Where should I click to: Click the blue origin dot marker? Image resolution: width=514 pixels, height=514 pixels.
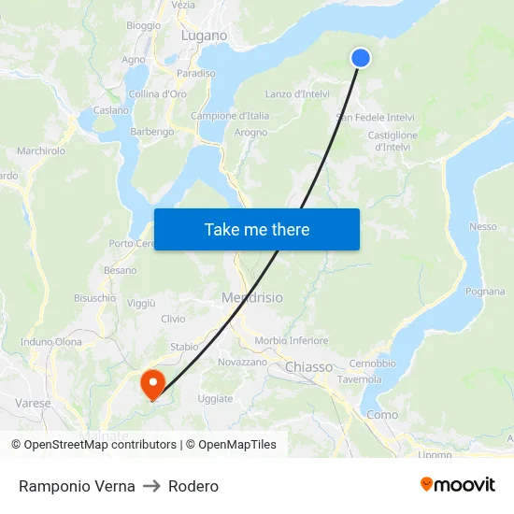[x=360, y=58]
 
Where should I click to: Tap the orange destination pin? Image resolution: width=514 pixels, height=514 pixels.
[x=151, y=384]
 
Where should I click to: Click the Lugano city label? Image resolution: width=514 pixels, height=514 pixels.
[x=204, y=36]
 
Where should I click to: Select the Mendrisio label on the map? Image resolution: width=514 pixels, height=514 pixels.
[x=251, y=298]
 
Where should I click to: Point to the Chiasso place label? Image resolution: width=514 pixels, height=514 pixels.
[x=308, y=367]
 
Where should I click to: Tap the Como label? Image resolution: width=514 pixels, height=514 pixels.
[x=381, y=414]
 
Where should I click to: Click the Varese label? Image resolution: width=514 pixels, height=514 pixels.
[x=33, y=403]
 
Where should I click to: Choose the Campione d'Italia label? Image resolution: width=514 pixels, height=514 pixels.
[x=230, y=116]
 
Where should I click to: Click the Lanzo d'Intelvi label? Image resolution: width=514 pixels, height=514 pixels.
[x=297, y=93]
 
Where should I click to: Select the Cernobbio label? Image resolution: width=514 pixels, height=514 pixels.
[x=372, y=364]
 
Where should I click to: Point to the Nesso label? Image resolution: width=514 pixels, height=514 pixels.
[x=483, y=226]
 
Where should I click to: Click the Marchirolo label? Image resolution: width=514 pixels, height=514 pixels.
[x=41, y=150]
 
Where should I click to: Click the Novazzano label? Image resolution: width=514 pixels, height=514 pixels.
[x=242, y=362]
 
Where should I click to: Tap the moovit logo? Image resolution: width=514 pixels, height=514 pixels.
[x=457, y=485]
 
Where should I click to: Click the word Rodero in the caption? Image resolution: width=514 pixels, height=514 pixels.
[x=193, y=486]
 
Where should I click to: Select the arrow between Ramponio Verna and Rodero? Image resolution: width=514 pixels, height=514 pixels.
[x=151, y=486]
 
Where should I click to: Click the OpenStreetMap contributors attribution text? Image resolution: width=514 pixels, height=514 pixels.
[x=101, y=445]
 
